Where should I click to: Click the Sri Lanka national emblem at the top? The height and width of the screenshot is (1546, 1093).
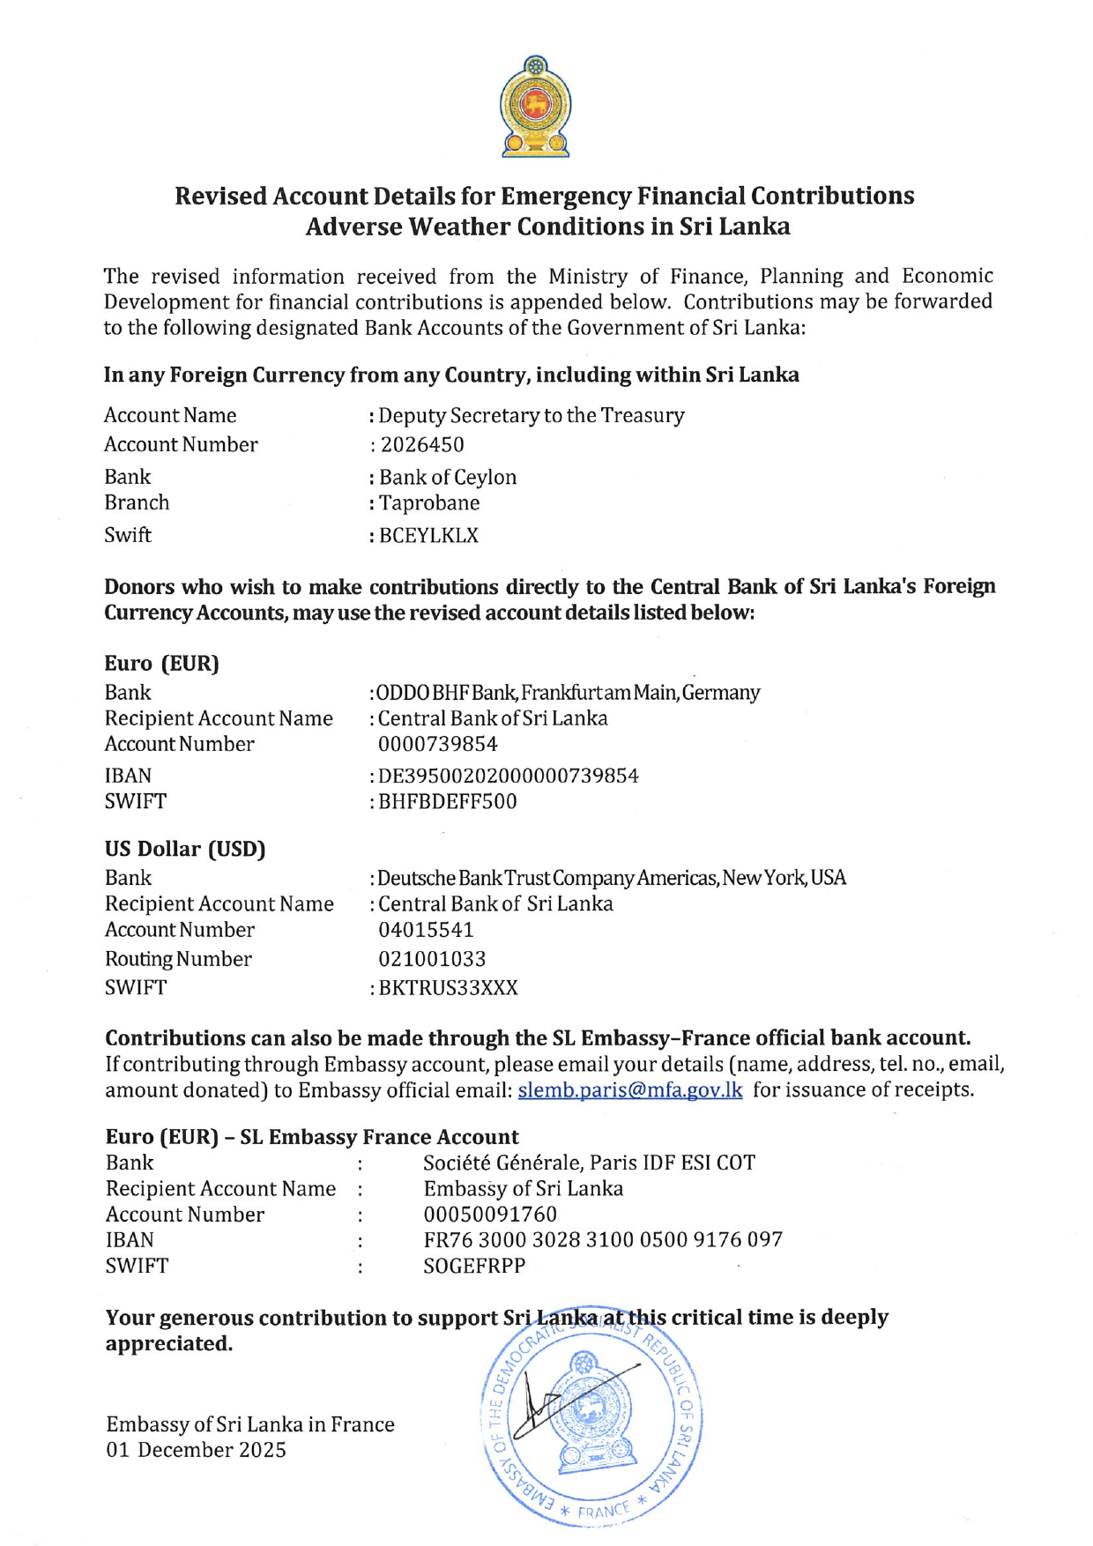click(x=535, y=107)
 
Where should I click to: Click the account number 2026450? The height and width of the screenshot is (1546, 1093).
click(x=422, y=445)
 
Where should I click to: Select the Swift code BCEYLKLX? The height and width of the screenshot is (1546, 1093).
click(x=428, y=536)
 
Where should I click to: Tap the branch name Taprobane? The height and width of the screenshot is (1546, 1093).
click(x=429, y=503)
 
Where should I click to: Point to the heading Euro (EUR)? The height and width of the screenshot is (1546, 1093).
click(x=161, y=664)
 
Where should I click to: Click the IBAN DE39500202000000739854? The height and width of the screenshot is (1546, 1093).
click(x=509, y=777)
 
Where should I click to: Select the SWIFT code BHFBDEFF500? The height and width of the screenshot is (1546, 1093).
click(x=448, y=802)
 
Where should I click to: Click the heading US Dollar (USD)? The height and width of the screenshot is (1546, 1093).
click(x=185, y=849)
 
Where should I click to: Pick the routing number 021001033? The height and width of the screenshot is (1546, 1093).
click(x=432, y=959)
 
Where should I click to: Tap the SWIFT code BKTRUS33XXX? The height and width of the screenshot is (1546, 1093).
click(x=449, y=988)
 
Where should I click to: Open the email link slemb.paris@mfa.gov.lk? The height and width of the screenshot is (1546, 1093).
click(x=629, y=1090)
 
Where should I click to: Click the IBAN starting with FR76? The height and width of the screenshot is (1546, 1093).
click(x=603, y=1240)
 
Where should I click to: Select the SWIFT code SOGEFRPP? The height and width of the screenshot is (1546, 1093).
click(x=474, y=1266)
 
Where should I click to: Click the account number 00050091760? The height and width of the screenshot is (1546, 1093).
click(x=490, y=1215)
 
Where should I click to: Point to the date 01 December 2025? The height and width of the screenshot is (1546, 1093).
click(x=196, y=1450)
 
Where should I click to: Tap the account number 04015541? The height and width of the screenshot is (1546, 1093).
click(x=426, y=930)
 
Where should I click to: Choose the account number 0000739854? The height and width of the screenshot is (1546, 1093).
click(x=438, y=745)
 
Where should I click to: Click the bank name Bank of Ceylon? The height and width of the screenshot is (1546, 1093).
click(x=448, y=478)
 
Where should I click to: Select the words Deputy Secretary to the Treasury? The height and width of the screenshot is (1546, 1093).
click(x=532, y=416)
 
